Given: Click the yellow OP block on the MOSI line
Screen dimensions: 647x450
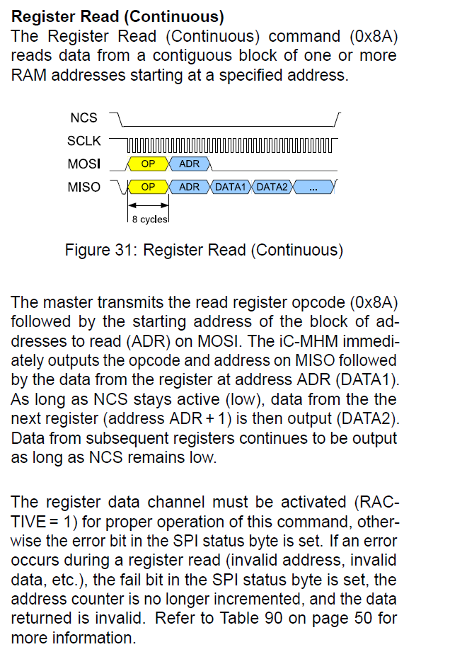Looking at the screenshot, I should click(x=149, y=164).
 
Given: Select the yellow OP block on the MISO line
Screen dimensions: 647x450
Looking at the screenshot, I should click(x=149, y=187).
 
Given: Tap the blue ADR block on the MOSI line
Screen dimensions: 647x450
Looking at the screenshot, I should click(x=190, y=164).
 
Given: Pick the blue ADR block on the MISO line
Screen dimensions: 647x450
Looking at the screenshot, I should click(x=190, y=187).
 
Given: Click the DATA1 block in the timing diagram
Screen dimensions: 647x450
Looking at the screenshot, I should click(x=229, y=187).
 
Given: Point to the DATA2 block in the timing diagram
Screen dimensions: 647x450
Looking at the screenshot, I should click(x=271, y=187).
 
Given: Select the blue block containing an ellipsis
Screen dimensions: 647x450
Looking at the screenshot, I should click(x=313, y=187).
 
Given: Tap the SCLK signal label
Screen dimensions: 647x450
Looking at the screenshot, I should click(x=83, y=141).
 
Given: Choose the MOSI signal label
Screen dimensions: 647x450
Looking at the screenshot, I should click(x=83, y=164).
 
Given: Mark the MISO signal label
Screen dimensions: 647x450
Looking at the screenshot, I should click(x=83, y=187).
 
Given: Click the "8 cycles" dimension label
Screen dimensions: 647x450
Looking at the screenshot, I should click(x=149, y=219).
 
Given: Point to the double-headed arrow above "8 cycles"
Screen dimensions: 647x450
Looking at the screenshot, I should click(x=149, y=206).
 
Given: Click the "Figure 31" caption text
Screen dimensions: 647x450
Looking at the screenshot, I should click(x=204, y=250).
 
